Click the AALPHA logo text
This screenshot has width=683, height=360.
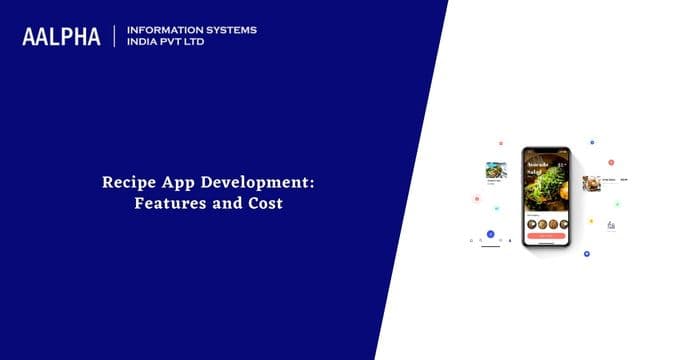tap(62, 37)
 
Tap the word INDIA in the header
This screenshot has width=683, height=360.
tap(145, 43)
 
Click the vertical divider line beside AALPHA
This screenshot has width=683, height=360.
tap(114, 36)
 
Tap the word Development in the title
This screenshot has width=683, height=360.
tap(241, 184)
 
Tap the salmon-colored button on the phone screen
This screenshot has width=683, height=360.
tap(547, 235)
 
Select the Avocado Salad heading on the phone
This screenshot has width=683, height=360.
tap(540, 166)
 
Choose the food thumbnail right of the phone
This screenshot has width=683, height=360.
tap(592, 182)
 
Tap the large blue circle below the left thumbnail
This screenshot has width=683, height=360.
tap(490, 234)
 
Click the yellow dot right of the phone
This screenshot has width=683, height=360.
tap(591, 221)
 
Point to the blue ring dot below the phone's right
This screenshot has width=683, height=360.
tap(586, 254)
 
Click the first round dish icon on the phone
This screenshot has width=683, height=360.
tap(530, 223)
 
